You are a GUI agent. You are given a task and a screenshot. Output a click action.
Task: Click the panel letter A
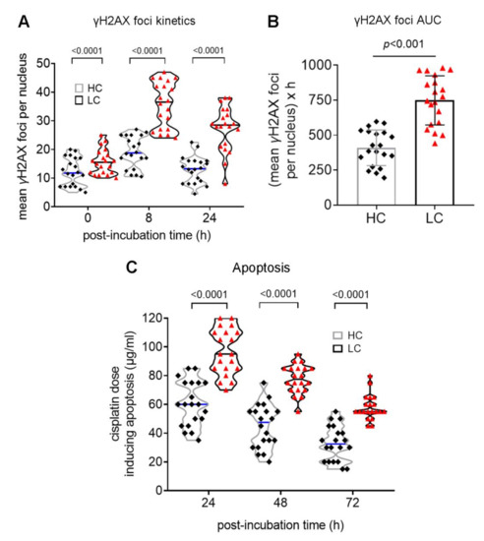(11, 11)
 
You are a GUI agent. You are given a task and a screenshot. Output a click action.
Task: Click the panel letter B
(297, 11)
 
